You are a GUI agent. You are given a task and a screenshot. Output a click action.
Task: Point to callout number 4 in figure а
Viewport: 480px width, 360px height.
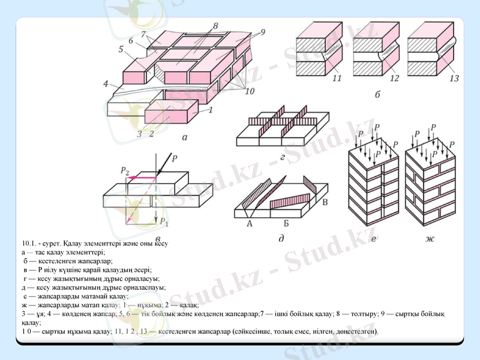[106, 83]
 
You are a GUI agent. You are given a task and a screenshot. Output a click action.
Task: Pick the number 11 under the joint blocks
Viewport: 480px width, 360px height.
[337, 78]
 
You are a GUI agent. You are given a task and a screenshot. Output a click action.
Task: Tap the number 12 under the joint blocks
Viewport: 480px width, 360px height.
[394, 78]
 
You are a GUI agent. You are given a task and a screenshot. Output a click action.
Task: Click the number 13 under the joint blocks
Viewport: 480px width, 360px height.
[454, 78]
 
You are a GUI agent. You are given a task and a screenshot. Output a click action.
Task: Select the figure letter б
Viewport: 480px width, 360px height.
[377, 95]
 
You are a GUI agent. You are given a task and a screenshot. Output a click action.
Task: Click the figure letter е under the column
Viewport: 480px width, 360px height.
[374, 240]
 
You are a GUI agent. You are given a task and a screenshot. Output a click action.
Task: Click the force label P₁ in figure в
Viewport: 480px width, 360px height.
[163, 222]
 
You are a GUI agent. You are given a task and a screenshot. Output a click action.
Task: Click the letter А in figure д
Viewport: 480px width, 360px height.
[248, 223]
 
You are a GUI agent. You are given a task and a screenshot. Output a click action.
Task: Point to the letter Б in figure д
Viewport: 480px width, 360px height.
[286, 223]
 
